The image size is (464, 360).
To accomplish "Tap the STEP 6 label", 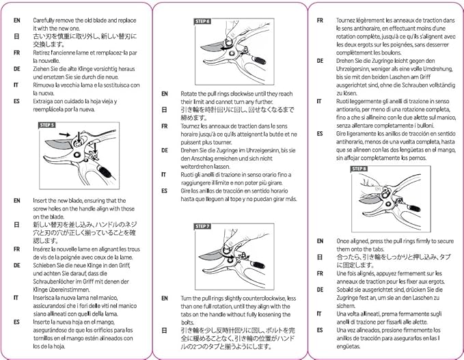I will [x=203, y=21].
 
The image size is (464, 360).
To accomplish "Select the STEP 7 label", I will [x=203, y=226].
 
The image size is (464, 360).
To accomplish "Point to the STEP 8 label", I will [x=358, y=168].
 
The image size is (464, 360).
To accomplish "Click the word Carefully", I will [x=45, y=20].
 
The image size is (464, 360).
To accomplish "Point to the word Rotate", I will [x=189, y=94].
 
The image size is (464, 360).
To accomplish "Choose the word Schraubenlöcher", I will [x=55, y=281].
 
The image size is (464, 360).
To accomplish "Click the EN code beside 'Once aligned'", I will [x=320, y=241].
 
